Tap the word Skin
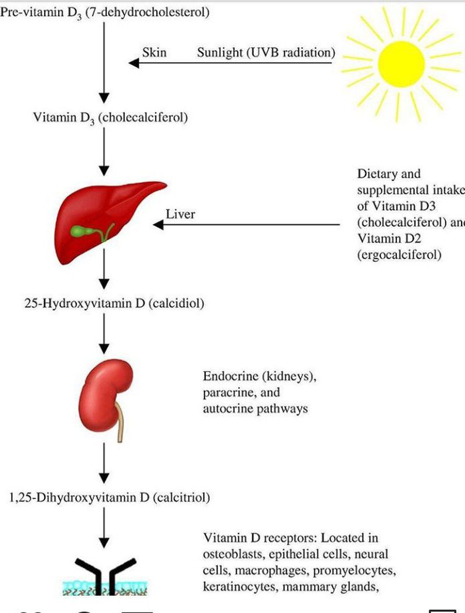[154, 53]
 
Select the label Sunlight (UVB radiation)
[266, 53]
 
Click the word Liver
[180, 214]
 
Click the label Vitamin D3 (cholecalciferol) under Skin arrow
[110, 118]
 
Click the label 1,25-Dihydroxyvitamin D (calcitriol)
[110, 497]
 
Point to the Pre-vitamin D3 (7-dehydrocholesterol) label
[105, 12]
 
